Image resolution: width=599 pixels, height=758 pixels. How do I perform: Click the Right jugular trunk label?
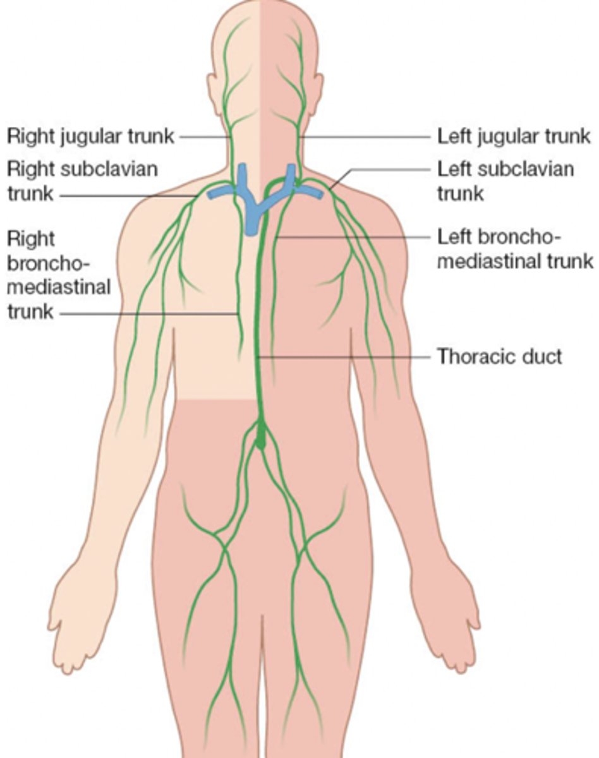(90, 136)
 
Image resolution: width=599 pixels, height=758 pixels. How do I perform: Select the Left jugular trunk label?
(514, 136)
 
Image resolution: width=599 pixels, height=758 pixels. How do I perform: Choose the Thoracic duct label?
(499, 356)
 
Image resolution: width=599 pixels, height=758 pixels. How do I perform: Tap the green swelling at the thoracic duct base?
(260, 436)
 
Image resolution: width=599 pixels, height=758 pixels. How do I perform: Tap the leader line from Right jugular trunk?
(203, 136)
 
